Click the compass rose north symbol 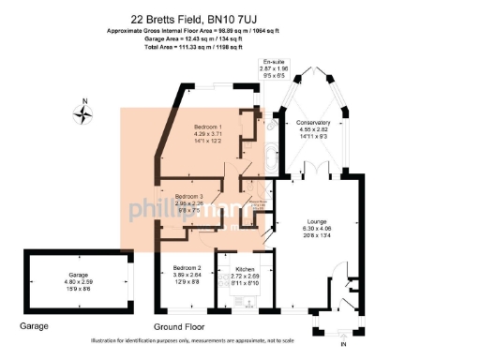click(x=84, y=113)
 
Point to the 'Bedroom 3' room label click(x=190, y=196)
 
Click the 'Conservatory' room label click(x=312, y=124)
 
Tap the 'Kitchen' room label click(x=245, y=269)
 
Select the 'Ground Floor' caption click(x=180, y=326)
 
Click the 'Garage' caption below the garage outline click(x=35, y=326)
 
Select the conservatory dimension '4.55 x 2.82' click(x=312, y=131)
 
